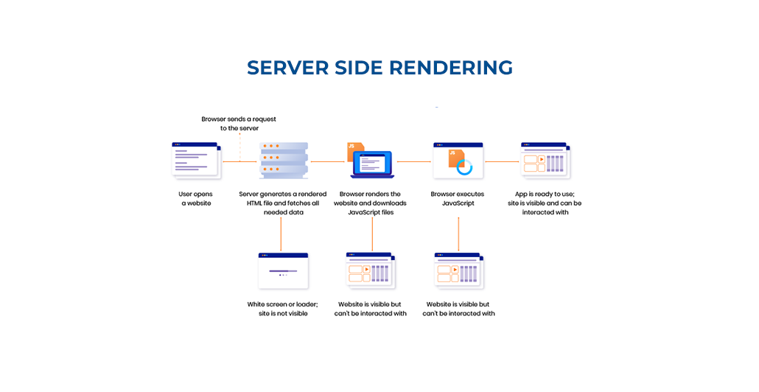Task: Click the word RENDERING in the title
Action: (x=450, y=68)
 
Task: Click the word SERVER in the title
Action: (x=287, y=68)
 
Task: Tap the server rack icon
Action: (x=284, y=161)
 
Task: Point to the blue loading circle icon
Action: (x=465, y=167)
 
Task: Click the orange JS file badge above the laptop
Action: (x=354, y=150)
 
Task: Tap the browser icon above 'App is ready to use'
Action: (x=545, y=160)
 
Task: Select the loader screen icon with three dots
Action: (x=283, y=270)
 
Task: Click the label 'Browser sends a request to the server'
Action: (x=239, y=123)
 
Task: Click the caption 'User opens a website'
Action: (x=196, y=199)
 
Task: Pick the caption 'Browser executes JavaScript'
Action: (x=458, y=199)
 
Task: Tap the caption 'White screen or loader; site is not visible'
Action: (x=282, y=309)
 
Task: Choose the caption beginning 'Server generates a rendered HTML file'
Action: (x=284, y=203)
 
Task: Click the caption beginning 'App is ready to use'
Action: (x=545, y=203)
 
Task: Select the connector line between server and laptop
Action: (x=328, y=161)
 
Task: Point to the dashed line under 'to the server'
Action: (x=239, y=147)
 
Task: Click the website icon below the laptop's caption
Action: (x=371, y=270)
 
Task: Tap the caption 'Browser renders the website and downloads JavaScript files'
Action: (x=371, y=203)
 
